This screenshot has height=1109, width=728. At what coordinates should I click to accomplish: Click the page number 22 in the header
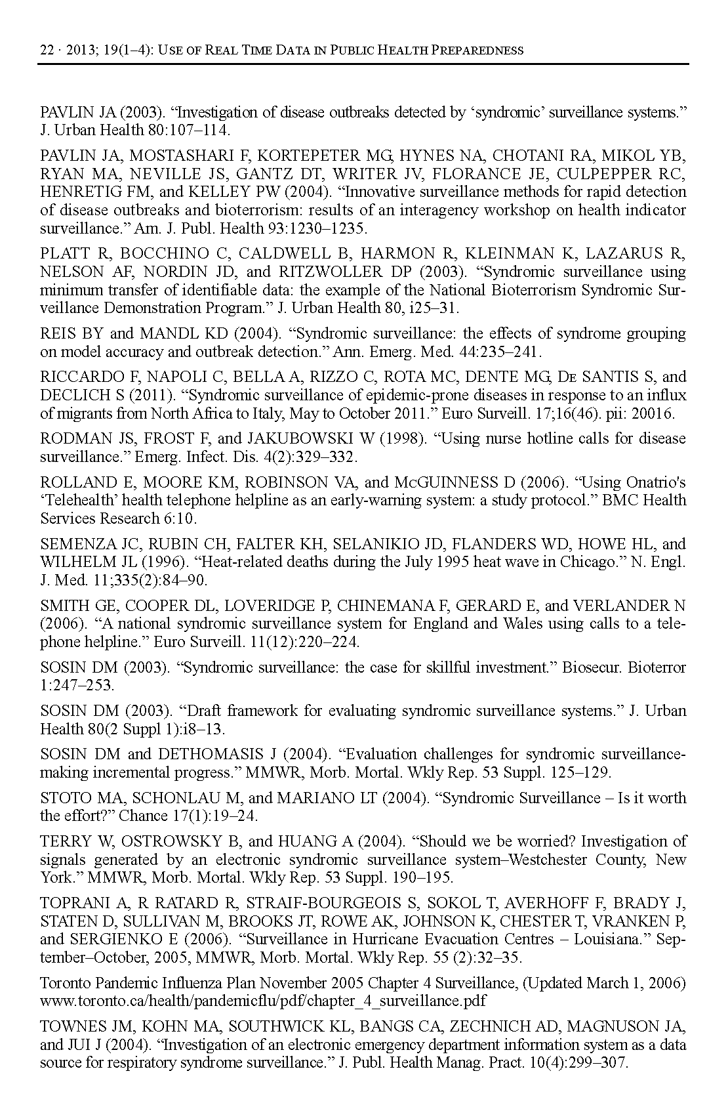click(x=47, y=51)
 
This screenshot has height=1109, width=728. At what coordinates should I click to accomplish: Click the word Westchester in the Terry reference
click(x=544, y=860)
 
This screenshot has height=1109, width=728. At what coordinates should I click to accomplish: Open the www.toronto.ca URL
click(x=263, y=1001)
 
